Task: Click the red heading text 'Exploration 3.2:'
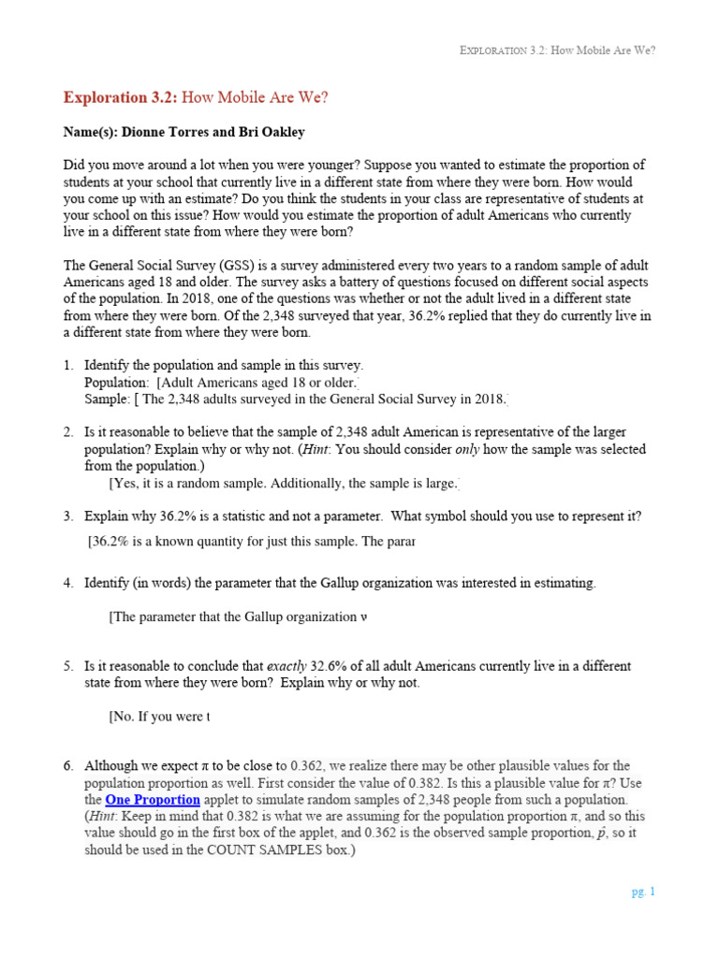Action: click(119, 97)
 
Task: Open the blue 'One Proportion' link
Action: click(153, 800)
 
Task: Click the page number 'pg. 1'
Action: click(643, 892)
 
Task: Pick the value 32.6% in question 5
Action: click(331, 666)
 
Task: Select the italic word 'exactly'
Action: click(287, 666)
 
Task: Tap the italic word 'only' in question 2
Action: click(470, 449)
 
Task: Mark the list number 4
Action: click(68, 583)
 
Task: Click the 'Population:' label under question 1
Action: click(116, 383)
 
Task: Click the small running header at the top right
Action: click(558, 51)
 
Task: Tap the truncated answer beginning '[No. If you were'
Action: click(159, 717)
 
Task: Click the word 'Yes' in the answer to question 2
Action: click(126, 483)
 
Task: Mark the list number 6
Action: click(68, 766)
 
